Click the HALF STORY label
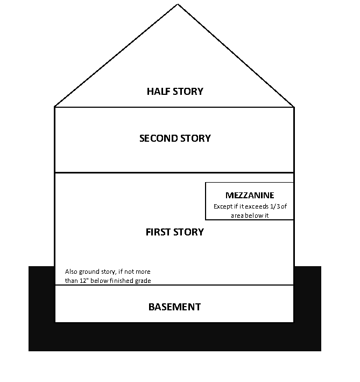[175, 92]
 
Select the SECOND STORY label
[175, 138]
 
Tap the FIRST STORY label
[175, 232]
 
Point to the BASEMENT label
[174, 307]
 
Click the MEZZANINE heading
[250, 196]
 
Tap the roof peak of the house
[178, 4]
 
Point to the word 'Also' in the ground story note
[71, 272]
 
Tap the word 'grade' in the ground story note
[142, 281]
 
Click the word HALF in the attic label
[158, 92]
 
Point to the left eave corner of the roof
[55, 106]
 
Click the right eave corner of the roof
[294, 106]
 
